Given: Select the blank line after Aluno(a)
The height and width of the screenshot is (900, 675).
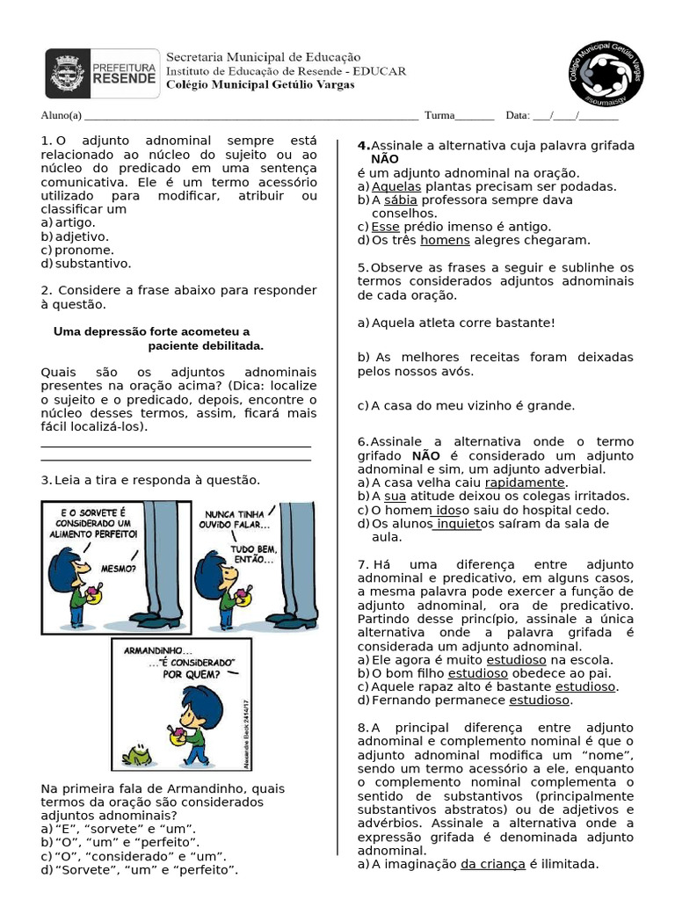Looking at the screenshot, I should (250, 116).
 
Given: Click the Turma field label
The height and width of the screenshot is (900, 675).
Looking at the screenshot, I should (439, 115).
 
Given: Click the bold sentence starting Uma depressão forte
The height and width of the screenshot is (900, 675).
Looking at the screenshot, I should (158, 338).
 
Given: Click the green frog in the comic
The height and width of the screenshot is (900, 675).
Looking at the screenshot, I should (137, 754).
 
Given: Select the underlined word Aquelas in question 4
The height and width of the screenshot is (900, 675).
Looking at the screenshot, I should (396, 186).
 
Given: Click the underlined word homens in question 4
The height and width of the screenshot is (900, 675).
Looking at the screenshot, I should (445, 240).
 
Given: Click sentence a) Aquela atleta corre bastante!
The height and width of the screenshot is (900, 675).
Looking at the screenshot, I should (456, 323).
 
